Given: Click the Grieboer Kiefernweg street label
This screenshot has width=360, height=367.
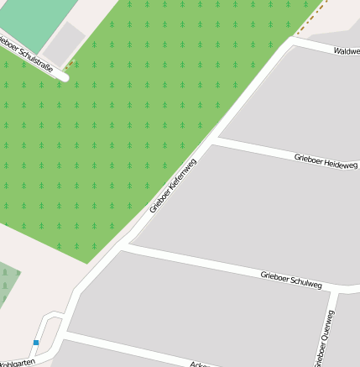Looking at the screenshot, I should pyautogui.click(x=173, y=185).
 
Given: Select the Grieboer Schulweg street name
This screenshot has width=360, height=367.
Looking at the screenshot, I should pyautogui.click(x=291, y=280).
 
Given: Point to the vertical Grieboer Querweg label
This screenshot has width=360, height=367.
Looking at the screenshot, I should pyautogui.click(x=324, y=338).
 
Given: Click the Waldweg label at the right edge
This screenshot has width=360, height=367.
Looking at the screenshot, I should pyautogui.click(x=346, y=51).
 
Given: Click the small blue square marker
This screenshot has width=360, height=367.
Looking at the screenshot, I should pyautogui.click(x=36, y=342).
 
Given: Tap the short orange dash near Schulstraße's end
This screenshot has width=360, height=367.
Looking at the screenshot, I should pyautogui.click(x=70, y=62).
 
